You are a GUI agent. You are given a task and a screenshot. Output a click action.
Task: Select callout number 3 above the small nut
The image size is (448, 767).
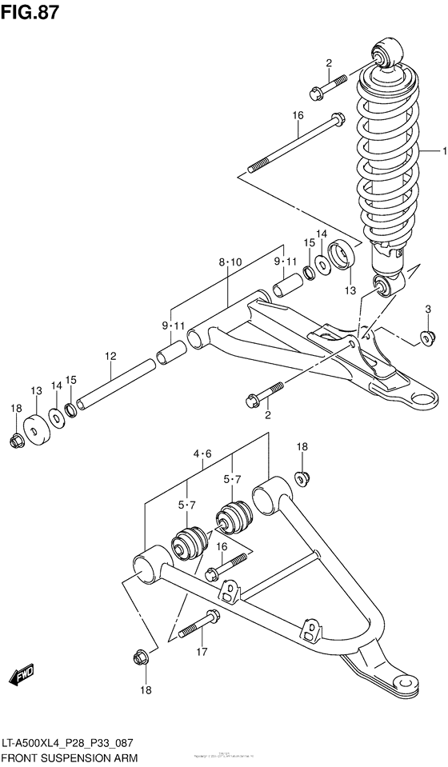click(x=428, y=310)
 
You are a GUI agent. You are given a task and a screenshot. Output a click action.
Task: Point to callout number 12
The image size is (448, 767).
click(x=110, y=356)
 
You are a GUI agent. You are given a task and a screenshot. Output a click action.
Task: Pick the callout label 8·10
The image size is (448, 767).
click(x=229, y=262)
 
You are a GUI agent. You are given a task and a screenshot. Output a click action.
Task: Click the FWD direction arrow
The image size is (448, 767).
click(x=22, y=677)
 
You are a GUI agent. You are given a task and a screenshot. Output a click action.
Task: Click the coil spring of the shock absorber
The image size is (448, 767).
click(x=386, y=160)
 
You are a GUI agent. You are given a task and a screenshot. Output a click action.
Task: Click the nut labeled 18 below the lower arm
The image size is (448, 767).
click(x=139, y=659)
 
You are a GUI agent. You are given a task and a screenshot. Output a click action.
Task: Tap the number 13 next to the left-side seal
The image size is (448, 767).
click(x=36, y=390)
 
